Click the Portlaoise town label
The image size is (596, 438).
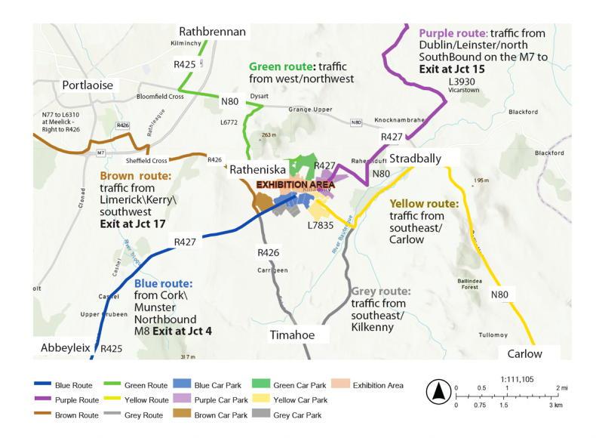coord(88,85)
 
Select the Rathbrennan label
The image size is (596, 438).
coord(212,32)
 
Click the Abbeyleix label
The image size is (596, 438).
coord(66,347)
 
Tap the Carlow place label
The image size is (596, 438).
coord(524,353)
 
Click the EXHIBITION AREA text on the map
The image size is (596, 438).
coord(294,184)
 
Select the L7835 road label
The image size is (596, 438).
coord(321,224)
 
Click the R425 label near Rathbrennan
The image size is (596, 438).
coord(185,65)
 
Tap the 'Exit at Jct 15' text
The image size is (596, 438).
coord(452,69)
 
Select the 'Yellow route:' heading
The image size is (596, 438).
coord(423,204)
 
